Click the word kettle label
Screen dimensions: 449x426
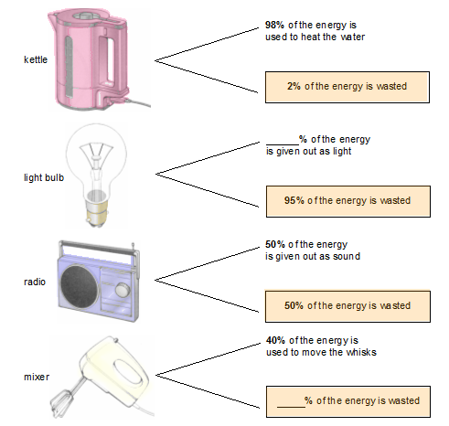click(36, 59)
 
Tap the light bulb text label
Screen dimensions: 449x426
click(44, 177)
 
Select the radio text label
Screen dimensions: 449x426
click(35, 282)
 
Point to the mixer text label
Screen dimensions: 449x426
click(37, 377)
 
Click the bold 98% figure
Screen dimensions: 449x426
click(274, 25)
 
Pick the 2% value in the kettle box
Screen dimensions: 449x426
click(294, 86)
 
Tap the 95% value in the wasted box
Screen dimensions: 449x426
click(294, 200)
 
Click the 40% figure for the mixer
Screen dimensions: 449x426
click(275, 340)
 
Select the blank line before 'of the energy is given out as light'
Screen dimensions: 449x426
click(283, 144)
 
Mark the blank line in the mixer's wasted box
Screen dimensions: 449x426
click(291, 407)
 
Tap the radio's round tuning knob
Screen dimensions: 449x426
click(123, 290)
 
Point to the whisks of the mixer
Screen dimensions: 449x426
click(61, 399)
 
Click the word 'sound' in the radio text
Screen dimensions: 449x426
click(347, 256)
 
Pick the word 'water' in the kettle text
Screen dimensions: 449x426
click(353, 37)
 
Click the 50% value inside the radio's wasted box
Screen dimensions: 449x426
click(294, 305)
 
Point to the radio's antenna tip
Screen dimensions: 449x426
click(133, 244)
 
